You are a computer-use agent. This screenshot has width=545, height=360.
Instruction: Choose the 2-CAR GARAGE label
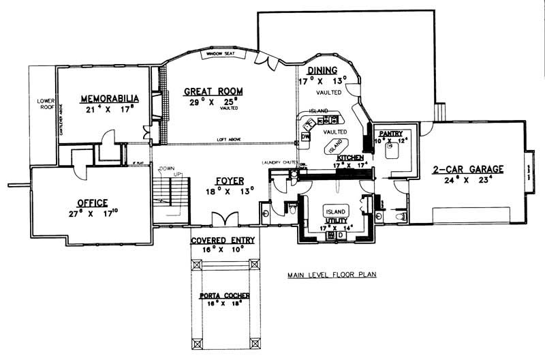[x=467, y=169]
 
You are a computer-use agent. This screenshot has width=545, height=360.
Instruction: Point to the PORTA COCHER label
[x=224, y=296]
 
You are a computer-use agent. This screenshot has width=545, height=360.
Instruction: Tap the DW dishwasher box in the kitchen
[x=305, y=136]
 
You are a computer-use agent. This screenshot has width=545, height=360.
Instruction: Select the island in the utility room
[x=335, y=211]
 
